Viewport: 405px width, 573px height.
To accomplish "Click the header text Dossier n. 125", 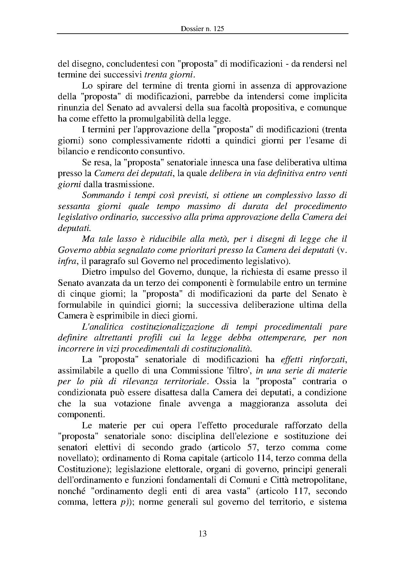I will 202,29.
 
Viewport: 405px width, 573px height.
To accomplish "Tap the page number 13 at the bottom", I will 202,534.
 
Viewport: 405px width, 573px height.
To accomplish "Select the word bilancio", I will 71,152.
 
